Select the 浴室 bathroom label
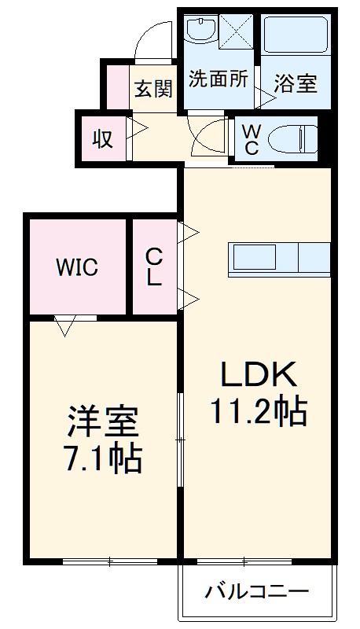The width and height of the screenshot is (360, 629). pyautogui.click(x=296, y=83)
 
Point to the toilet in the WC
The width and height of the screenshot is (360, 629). pyautogui.click(x=292, y=140)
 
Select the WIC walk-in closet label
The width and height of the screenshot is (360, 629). pyautogui.click(x=76, y=267)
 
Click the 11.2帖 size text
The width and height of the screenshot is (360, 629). pyautogui.click(x=258, y=410)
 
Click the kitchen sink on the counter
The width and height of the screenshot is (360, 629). pyautogui.click(x=253, y=257)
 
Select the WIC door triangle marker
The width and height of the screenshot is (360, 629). pyautogui.click(x=65, y=325)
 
